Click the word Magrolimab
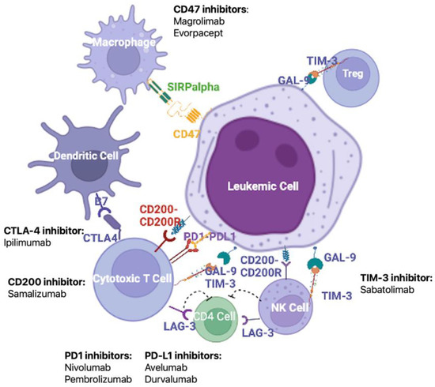pos(198,22)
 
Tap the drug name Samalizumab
pos(37,294)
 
